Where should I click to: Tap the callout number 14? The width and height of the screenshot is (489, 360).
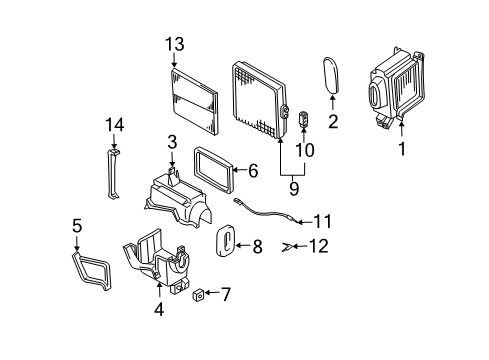coord(113,124)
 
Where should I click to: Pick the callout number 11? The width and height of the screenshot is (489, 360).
coord(322,221)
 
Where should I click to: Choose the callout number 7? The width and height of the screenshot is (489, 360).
coord(225,294)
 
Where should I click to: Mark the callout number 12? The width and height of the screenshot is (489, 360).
coord(318,245)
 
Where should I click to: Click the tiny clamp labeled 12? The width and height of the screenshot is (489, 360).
coord(289,245)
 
